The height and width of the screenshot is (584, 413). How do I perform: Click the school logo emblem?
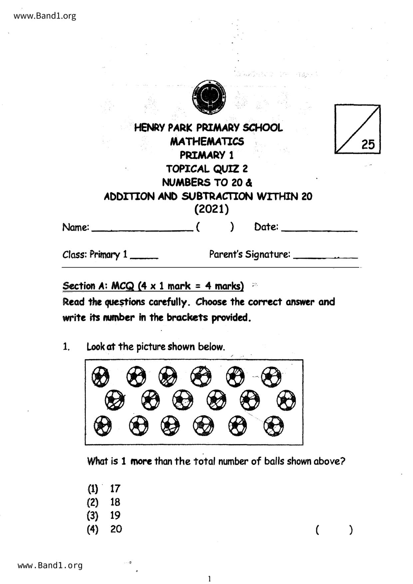click(209, 97)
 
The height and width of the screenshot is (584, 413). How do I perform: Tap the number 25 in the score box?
click(368, 145)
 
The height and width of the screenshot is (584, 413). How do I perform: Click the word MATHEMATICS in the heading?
click(207, 142)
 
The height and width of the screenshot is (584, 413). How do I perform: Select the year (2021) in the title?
click(211, 209)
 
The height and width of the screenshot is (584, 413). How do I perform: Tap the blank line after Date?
click(319, 229)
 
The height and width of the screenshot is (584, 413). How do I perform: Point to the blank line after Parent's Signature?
click(326, 256)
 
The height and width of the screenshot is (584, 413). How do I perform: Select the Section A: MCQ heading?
click(153, 286)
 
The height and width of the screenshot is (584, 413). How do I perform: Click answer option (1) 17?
click(104, 489)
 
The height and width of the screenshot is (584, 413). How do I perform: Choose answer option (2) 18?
click(104, 502)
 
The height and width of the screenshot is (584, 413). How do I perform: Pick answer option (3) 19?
click(104, 515)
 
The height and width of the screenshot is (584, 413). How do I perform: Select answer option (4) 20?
click(105, 529)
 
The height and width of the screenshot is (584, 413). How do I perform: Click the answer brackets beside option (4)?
click(333, 529)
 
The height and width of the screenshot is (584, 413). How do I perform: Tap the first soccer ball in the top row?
click(100, 377)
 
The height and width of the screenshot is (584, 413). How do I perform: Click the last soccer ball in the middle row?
click(286, 400)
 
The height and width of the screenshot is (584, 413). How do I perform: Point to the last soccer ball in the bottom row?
click(274, 426)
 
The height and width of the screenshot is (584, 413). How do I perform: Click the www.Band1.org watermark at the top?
click(45, 16)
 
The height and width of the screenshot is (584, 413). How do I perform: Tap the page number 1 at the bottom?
click(209, 579)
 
